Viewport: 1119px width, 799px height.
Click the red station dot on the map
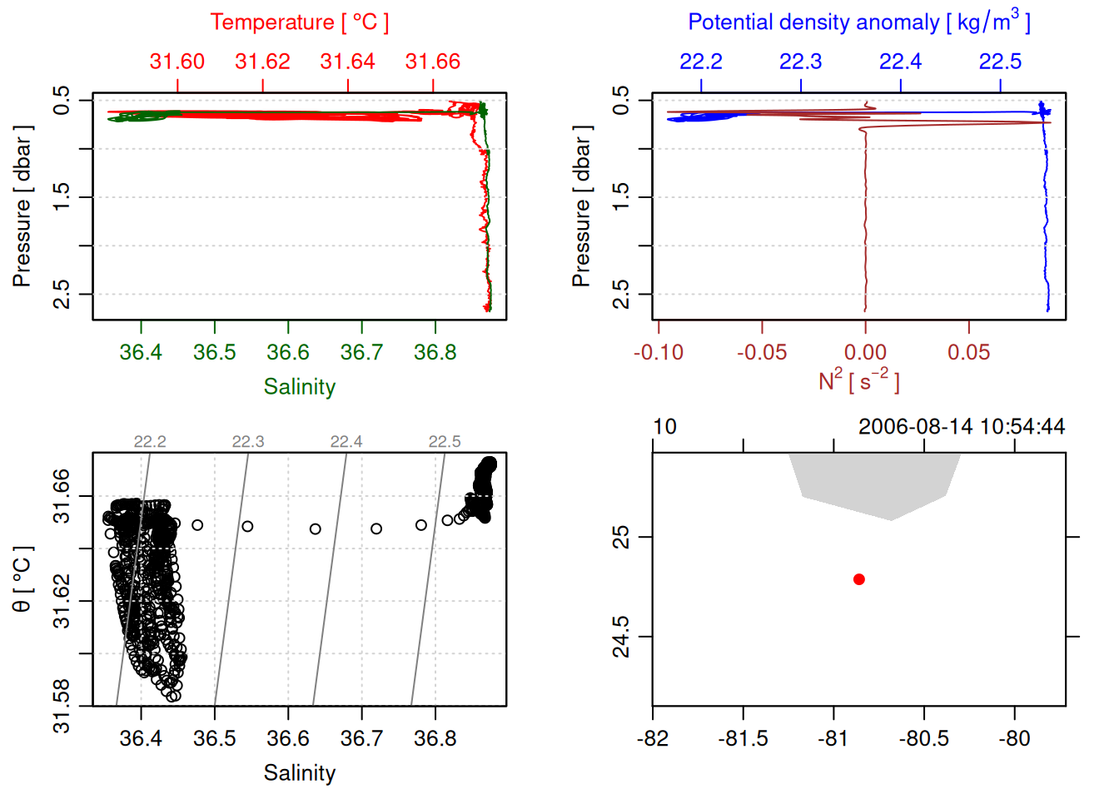point(859,579)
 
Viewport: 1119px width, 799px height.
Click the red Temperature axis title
point(299,22)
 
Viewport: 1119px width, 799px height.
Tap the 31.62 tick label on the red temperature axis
point(262,62)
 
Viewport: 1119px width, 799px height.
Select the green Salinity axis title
point(299,387)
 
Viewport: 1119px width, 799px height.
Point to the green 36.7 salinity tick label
point(361,353)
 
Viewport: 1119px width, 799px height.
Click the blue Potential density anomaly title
point(858,22)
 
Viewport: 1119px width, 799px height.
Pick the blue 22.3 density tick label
point(800,62)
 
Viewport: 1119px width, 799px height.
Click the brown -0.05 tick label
point(762,353)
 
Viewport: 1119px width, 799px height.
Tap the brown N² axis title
point(858,380)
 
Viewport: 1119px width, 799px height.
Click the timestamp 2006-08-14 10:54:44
point(962,427)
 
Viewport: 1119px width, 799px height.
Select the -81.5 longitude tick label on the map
point(743,739)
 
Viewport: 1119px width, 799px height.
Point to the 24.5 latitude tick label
point(621,637)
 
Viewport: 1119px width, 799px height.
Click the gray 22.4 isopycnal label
point(346,442)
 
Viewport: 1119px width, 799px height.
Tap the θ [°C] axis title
point(22,579)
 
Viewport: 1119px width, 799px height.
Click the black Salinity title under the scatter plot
point(299,773)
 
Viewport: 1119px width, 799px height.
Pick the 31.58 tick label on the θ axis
point(62,707)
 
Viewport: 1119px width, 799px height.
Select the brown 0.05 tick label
point(968,353)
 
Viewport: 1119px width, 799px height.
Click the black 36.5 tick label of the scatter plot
point(215,739)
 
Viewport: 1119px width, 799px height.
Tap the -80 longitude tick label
point(1014,739)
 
